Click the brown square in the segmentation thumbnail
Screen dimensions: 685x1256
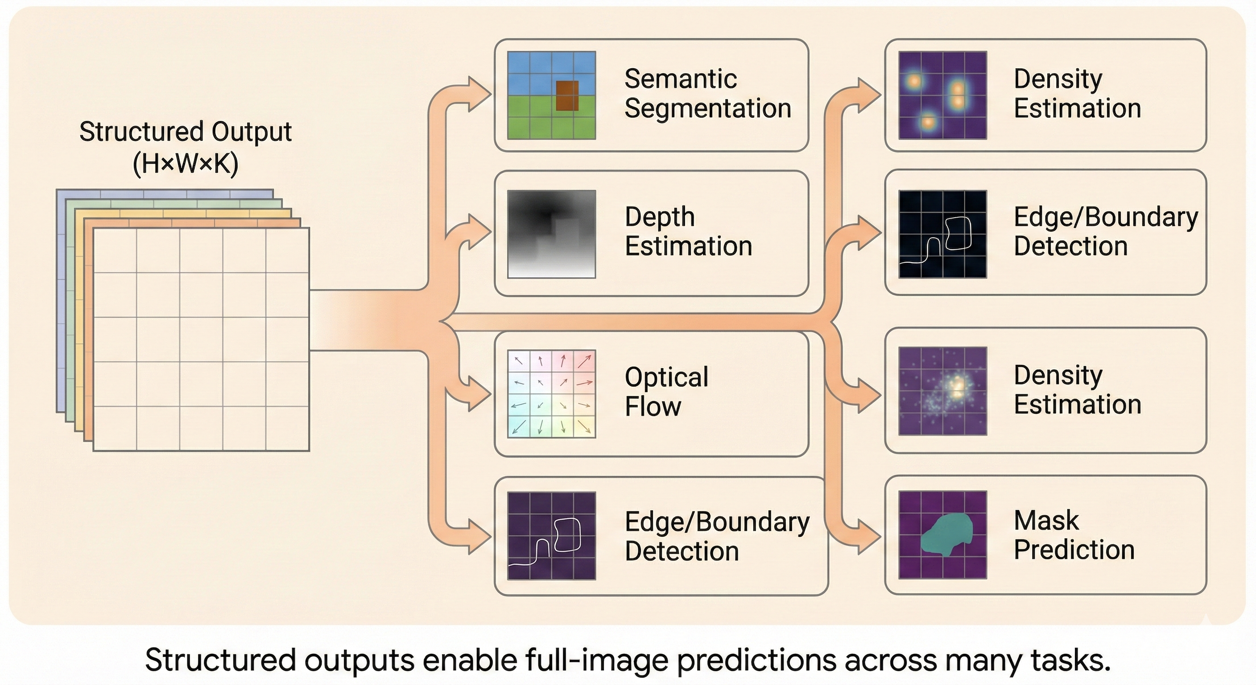click(567, 95)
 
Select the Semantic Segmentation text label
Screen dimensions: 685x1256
click(707, 93)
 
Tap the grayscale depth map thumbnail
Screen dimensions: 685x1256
click(551, 234)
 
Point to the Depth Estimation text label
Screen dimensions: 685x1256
click(688, 231)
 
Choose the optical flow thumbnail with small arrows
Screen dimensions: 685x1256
click(551, 393)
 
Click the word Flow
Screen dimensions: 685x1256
click(653, 407)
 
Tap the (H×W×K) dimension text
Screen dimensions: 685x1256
click(185, 164)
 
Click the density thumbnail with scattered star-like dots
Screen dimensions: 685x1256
click(942, 391)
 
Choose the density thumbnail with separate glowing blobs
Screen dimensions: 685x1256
click(942, 95)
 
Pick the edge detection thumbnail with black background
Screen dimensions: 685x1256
click(942, 234)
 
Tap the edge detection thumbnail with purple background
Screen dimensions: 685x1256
click(551, 536)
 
